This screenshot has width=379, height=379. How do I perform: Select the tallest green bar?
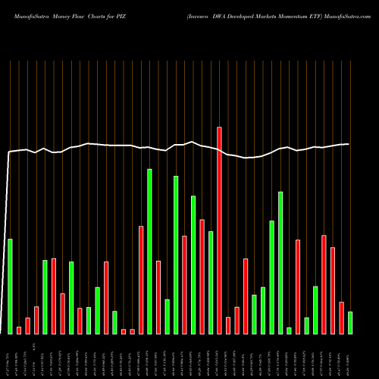tap(149, 251)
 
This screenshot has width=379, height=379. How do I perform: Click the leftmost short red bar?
tap(19, 330)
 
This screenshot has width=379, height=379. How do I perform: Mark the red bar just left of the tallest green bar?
tap(141, 280)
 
